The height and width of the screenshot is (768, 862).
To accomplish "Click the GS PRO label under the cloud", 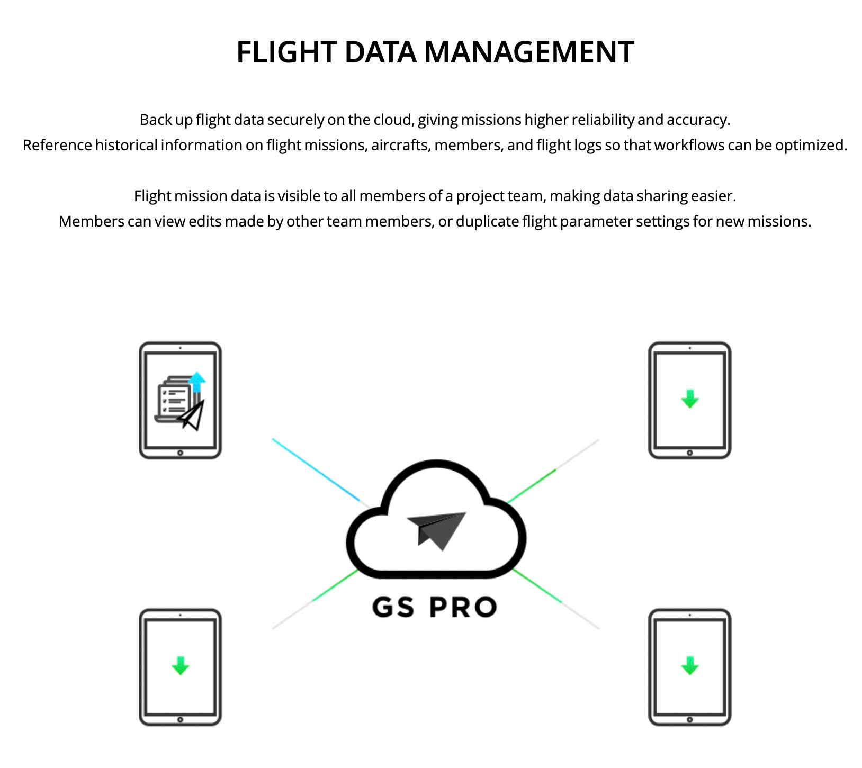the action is [x=434, y=607].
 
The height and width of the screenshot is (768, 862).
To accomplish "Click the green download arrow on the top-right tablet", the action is [x=689, y=399].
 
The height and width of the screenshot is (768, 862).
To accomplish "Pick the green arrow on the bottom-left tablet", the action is [x=181, y=665].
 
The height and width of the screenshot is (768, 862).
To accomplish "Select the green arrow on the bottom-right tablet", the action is [x=689, y=665].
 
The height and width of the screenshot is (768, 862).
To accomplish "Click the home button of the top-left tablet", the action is [x=181, y=453].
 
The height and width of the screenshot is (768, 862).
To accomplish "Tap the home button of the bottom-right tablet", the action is [x=689, y=720].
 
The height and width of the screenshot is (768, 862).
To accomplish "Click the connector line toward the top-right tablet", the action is [x=553, y=471].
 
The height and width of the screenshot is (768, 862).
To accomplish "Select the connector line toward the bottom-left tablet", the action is [x=316, y=599].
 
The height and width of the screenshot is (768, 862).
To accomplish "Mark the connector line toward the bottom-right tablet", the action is [x=556, y=599].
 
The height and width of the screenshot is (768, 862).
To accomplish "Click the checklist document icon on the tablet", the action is [x=173, y=400].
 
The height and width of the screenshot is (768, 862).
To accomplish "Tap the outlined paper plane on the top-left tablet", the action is [x=191, y=415].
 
